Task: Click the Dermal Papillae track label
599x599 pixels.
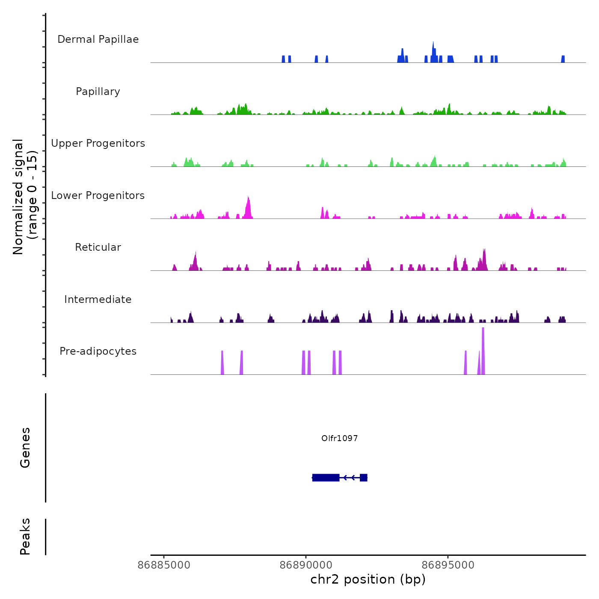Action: (x=98, y=39)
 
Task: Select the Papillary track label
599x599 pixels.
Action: (x=98, y=92)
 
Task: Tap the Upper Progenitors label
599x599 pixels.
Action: (x=98, y=143)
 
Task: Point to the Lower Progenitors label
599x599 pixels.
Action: (x=98, y=196)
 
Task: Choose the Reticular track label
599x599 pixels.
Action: (x=98, y=247)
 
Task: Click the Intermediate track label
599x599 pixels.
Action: (x=98, y=299)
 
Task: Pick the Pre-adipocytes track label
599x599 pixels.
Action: (x=98, y=351)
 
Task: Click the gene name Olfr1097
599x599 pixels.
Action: (x=339, y=438)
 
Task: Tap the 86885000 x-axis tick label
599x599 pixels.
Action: (x=164, y=565)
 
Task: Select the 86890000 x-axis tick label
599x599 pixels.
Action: (x=306, y=565)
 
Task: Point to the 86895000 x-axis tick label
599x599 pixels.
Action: (x=448, y=565)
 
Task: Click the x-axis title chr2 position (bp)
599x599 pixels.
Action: (x=368, y=579)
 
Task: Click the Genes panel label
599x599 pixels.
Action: (x=25, y=448)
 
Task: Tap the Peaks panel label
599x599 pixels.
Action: (x=25, y=537)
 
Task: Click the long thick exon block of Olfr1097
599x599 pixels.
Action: (x=326, y=477)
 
